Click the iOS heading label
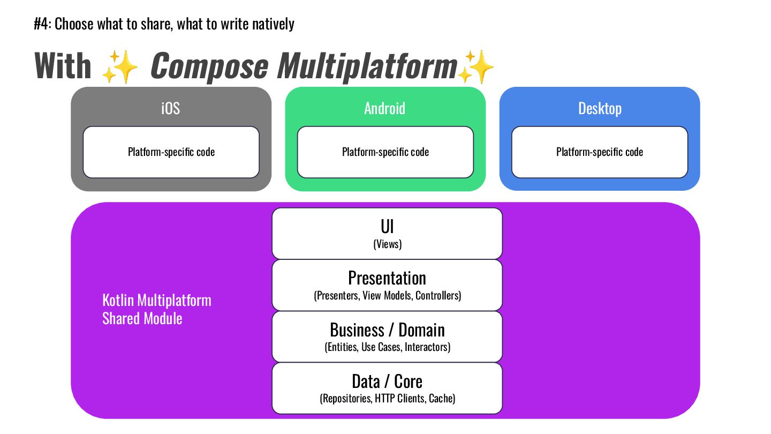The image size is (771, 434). coord(171,108)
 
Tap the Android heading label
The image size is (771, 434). coord(384,108)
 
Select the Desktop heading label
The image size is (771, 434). coord(600,108)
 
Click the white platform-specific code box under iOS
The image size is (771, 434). coord(171,152)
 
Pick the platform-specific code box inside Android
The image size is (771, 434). coord(385,152)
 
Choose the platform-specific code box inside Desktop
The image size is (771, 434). coord(599,152)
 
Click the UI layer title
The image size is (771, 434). coord(387,227)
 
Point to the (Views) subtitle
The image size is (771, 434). coord(387,244)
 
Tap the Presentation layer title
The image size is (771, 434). coord(387,278)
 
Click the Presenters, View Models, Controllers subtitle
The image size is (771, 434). coord(387,296)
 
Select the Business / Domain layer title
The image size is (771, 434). coord(387,330)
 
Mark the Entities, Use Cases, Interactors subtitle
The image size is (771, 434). coord(387,347)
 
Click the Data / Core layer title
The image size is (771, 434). coord(387,381)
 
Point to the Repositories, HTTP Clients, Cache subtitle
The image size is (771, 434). coord(387,399)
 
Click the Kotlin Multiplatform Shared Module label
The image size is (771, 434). coord(156,309)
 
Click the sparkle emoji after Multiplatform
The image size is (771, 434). coord(475,66)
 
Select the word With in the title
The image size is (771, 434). coord(63,66)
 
